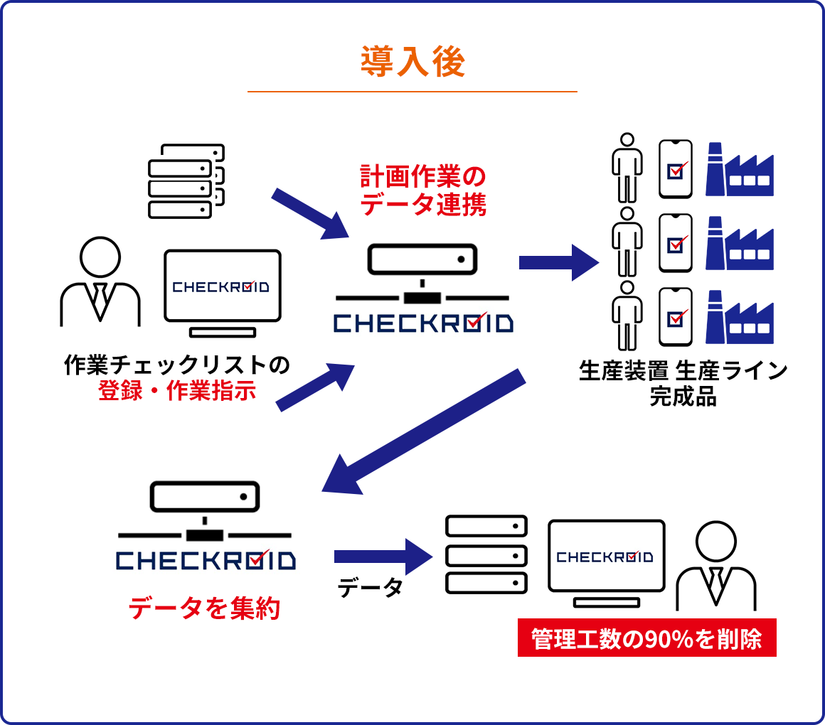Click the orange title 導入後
point(412,63)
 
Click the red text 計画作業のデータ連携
point(423,190)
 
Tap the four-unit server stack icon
point(186,181)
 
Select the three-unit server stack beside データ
point(486,554)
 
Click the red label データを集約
point(204,608)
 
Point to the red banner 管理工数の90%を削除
point(646,639)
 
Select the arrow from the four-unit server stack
point(309,213)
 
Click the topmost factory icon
point(739,171)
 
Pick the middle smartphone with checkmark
point(675,242)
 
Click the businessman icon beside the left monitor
point(100,281)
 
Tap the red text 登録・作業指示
point(177,391)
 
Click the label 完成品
point(683,396)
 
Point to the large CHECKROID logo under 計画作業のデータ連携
point(423,323)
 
